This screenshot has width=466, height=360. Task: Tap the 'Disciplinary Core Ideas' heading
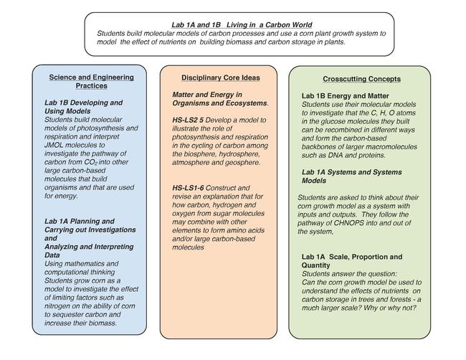point(220,77)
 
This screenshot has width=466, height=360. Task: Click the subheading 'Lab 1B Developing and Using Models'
point(83,108)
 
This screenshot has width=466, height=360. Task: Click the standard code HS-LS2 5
point(191,119)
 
